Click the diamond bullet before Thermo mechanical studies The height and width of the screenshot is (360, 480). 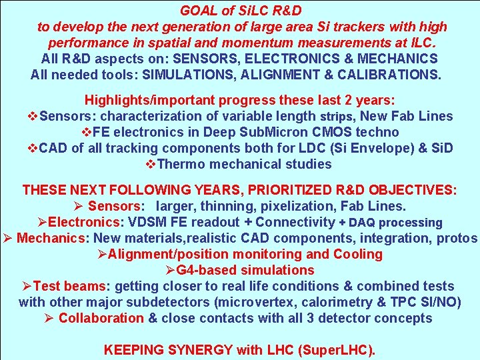point(149,164)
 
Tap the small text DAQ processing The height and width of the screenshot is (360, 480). point(398,223)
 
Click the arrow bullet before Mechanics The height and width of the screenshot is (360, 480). point(7,238)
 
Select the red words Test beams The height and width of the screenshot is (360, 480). point(71,286)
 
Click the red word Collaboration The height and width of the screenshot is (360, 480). point(101,318)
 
